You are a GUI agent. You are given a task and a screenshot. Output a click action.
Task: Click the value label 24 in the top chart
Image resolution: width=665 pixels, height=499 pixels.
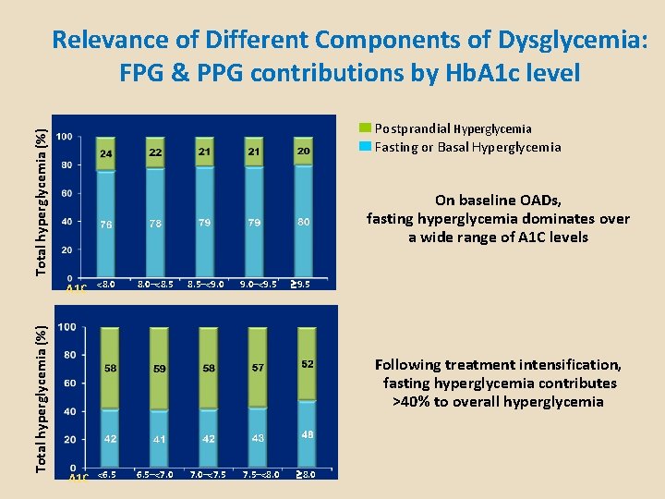click(107, 153)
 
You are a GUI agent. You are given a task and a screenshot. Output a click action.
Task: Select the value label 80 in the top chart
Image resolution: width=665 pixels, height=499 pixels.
click(304, 222)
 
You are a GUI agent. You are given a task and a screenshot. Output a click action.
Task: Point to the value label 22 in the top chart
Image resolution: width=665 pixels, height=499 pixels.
click(156, 152)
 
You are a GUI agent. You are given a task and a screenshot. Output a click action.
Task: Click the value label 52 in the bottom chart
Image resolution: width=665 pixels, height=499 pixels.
click(308, 365)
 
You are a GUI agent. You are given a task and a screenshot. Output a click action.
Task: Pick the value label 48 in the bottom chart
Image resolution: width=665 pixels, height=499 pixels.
click(308, 434)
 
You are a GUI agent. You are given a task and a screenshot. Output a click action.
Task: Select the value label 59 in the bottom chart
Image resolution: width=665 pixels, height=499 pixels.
click(160, 369)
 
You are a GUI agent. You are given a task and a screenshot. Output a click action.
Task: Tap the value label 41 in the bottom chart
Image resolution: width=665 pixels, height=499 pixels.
click(160, 439)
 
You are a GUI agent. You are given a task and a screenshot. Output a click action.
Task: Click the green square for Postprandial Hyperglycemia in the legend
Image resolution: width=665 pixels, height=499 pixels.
click(365, 128)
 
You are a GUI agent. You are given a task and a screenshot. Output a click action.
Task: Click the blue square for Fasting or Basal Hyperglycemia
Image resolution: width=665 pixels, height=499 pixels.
click(365, 147)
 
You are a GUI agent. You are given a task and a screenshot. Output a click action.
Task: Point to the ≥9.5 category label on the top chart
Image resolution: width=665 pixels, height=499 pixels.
click(300, 285)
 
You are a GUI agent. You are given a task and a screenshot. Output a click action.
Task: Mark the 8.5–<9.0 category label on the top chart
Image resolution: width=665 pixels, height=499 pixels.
click(205, 285)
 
